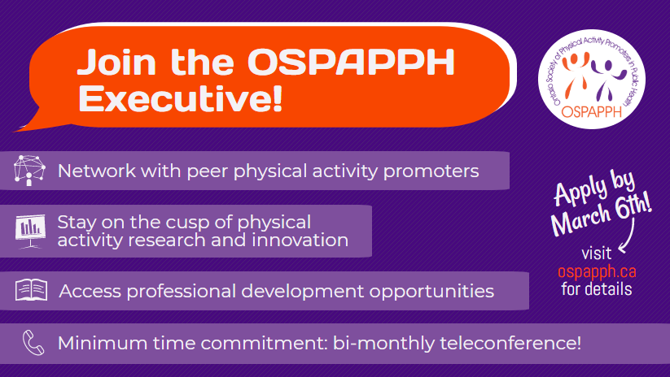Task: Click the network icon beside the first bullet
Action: click(29, 171)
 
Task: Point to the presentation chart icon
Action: click(29, 231)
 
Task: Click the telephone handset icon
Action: click(31, 341)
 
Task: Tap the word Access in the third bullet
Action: click(87, 291)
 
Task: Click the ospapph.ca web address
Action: click(596, 271)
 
